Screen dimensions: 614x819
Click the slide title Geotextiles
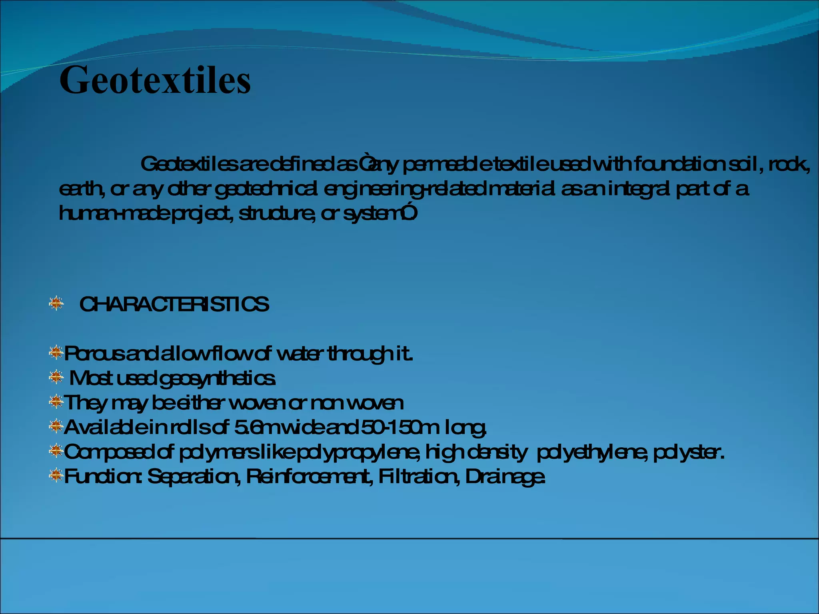point(155,80)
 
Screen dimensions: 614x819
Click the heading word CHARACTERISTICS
point(174,305)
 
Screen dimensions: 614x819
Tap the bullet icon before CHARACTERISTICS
point(56,303)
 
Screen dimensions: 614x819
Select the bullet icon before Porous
point(56,352)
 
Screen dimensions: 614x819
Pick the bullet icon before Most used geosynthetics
point(56,377)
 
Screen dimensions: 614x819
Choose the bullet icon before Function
point(56,475)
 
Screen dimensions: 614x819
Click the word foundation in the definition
point(679,164)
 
